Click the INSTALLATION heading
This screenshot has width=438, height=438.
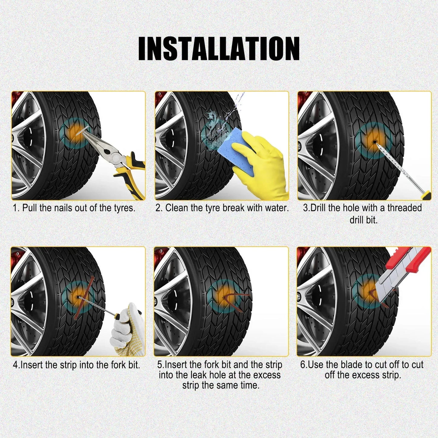219,48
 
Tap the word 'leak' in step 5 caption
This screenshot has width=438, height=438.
199,375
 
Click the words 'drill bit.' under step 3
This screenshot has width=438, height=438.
364,220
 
